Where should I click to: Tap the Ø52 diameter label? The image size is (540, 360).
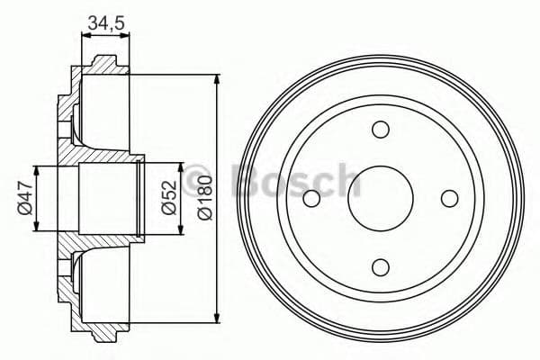[x=167, y=197]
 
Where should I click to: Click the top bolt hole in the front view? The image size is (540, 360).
[x=379, y=130]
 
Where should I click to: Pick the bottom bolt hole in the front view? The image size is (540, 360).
[x=379, y=265]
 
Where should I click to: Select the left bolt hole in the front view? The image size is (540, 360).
[x=311, y=198]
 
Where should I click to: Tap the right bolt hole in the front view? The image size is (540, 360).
[x=447, y=198]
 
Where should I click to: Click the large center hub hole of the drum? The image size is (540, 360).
[x=379, y=198]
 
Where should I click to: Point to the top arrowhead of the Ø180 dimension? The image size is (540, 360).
[x=217, y=79]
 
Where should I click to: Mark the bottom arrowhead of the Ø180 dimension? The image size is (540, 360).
[x=217, y=317]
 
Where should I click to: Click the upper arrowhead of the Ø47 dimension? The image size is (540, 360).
[x=37, y=170]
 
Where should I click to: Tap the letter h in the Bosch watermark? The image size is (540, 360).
[x=346, y=180]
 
